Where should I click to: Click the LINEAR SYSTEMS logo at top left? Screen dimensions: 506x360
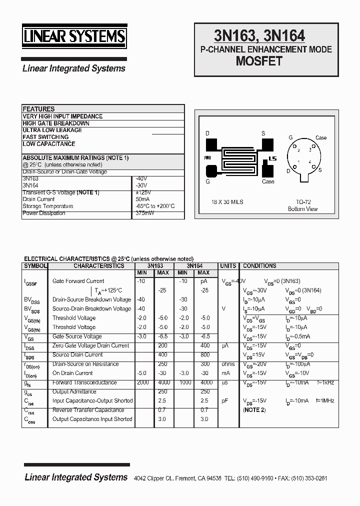[74, 37]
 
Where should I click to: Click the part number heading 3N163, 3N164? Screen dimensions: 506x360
[259, 35]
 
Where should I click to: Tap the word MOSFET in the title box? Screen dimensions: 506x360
[259, 61]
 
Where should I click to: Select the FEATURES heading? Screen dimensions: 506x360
[38, 109]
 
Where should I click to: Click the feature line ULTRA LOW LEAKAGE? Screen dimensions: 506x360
[52, 130]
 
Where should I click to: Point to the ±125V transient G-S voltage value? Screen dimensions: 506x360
[144, 192]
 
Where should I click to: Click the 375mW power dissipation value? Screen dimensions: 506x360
[145, 213]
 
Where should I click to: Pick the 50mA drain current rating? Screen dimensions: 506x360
[142, 199]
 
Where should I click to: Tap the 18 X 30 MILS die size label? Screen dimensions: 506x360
[227, 202]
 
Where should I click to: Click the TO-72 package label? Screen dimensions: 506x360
[303, 202]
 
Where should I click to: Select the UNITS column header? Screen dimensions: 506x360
[228, 266]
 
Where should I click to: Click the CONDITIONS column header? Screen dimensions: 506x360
[259, 266]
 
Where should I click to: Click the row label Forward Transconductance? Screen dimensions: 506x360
[84, 382]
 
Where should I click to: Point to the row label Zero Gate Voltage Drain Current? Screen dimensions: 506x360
[90, 345]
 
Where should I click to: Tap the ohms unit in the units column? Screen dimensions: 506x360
[228, 364]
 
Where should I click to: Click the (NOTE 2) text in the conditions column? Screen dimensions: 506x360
[254, 410]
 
